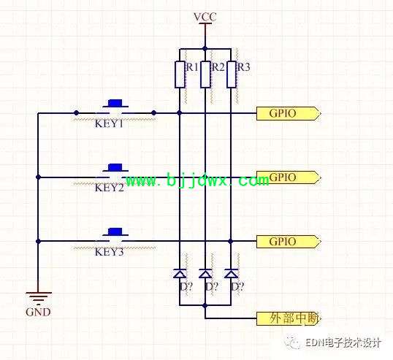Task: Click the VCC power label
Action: point(205,17)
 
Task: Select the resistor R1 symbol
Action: point(180,74)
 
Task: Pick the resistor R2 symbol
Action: point(205,74)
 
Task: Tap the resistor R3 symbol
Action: point(231,74)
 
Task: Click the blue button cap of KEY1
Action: point(115,103)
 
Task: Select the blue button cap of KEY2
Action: point(115,167)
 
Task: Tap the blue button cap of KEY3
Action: point(115,231)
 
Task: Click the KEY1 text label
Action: point(109,123)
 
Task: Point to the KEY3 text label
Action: point(109,252)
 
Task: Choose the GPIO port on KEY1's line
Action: point(289,113)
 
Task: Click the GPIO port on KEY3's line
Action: point(289,242)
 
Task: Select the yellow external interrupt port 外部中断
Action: point(289,318)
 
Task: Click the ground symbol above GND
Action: point(38,299)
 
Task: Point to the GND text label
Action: point(38,312)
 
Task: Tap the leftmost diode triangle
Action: point(180,273)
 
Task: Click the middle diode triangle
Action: point(205,273)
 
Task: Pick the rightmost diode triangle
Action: point(231,273)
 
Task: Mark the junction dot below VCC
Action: point(205,49)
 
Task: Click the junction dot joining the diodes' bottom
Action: point(205,305)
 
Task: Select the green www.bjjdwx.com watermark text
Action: point(197,180)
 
